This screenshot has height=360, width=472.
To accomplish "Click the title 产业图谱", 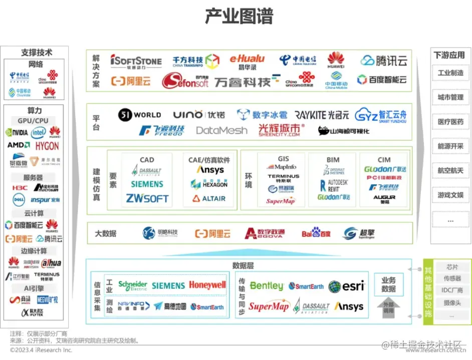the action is click(x=239, y=16).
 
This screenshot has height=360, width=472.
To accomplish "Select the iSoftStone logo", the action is click(x=136, y=61).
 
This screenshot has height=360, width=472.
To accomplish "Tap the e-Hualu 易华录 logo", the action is click(x=247, y=62).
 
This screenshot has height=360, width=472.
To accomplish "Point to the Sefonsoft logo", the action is click(x=185, y=81).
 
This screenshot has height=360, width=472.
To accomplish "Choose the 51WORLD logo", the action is click(x=140, y=115).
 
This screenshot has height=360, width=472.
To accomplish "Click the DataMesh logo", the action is click(x=221, y=130).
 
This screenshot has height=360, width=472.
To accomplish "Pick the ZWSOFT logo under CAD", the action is click(x=147, y=198).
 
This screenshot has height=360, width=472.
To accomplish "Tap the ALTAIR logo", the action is click(x=209, y=199).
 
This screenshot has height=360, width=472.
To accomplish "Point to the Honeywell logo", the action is click(x=207, y=285).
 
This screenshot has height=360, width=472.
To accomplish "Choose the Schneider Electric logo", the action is click(x=132, y=285).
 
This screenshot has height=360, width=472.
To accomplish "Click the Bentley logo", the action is click(x=267, y=286).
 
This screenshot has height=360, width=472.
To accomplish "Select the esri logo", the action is click(x=346, y=286).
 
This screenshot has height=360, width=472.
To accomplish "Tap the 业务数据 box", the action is click(x=389, y=285).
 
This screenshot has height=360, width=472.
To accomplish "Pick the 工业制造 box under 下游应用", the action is click(x=450, y=73).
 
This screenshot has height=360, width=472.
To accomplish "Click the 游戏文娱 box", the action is click(x=450, y=195).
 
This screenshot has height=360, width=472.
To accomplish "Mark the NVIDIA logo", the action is click(x=16, y=133).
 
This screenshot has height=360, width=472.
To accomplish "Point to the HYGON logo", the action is click(x=47, y=146).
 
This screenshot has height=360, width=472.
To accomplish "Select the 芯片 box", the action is click(x=452, y=267).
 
